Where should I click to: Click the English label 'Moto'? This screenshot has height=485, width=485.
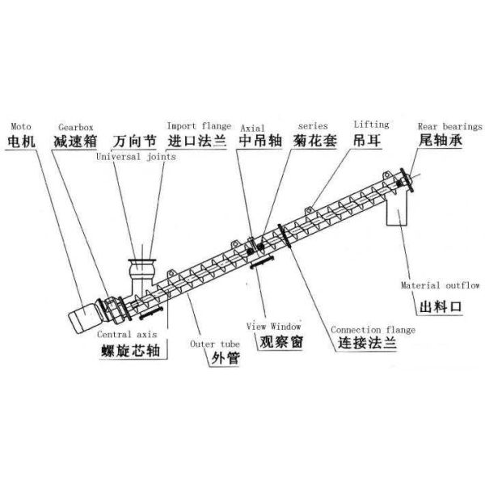point(21,127)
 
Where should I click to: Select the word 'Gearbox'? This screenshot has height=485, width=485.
point(76,127)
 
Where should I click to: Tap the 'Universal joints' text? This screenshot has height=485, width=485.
point(136,157)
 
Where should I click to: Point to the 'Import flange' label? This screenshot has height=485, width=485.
point(199,126)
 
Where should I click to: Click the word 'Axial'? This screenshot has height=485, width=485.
point(252,128)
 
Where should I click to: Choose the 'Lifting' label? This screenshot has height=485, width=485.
point(372,124)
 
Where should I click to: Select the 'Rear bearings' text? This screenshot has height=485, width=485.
point(450,127)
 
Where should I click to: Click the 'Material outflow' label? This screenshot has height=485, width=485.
point(441,285)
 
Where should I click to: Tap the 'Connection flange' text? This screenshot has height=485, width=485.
point(373,330)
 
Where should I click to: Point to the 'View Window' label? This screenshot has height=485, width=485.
point(274,327)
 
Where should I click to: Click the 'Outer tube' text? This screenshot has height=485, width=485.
point(215,344)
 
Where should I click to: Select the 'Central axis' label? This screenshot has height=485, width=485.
point(127,334)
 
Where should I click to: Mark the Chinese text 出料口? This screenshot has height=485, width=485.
point(441,307)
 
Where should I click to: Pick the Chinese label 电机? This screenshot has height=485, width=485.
point(21,141)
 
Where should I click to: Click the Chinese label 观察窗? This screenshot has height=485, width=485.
point(281,342)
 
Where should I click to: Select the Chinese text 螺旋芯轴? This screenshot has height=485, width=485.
point(130,351)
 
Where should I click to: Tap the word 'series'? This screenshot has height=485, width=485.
point(313,126)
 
